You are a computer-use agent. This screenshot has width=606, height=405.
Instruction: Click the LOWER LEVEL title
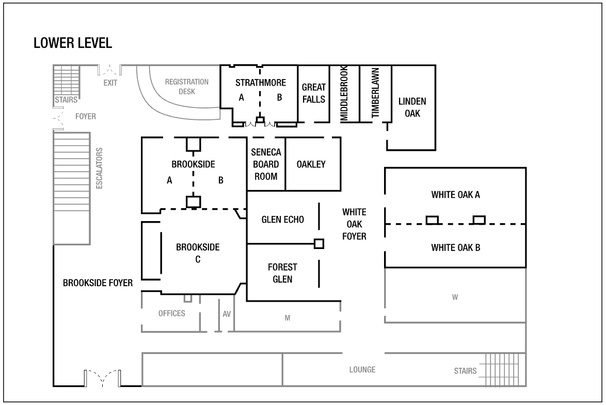tap(73, 43)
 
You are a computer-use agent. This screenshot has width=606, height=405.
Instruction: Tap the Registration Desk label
tap(186, 86)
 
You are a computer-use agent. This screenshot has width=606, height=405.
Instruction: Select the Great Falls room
tap(314, 93)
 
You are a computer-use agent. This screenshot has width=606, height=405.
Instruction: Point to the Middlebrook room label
tap(344, 94)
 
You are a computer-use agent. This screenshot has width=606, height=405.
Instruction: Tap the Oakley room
tap(311, 164)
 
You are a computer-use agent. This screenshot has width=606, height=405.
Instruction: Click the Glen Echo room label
tap(282, 219)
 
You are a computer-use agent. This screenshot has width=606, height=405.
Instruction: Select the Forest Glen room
tap(280, 273)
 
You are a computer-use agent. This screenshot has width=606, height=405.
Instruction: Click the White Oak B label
tap(456, 247)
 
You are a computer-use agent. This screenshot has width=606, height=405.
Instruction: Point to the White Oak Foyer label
tap(355, 224)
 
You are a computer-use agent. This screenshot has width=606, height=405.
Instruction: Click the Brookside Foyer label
tap(98, 283)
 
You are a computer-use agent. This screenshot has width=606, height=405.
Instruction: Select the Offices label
tap(171, 314)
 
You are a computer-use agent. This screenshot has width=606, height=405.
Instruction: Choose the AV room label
tap(227, 314)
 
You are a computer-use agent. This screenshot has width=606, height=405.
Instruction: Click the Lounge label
tap(362, 370)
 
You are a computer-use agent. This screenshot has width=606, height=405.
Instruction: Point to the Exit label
tap(110, 82)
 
